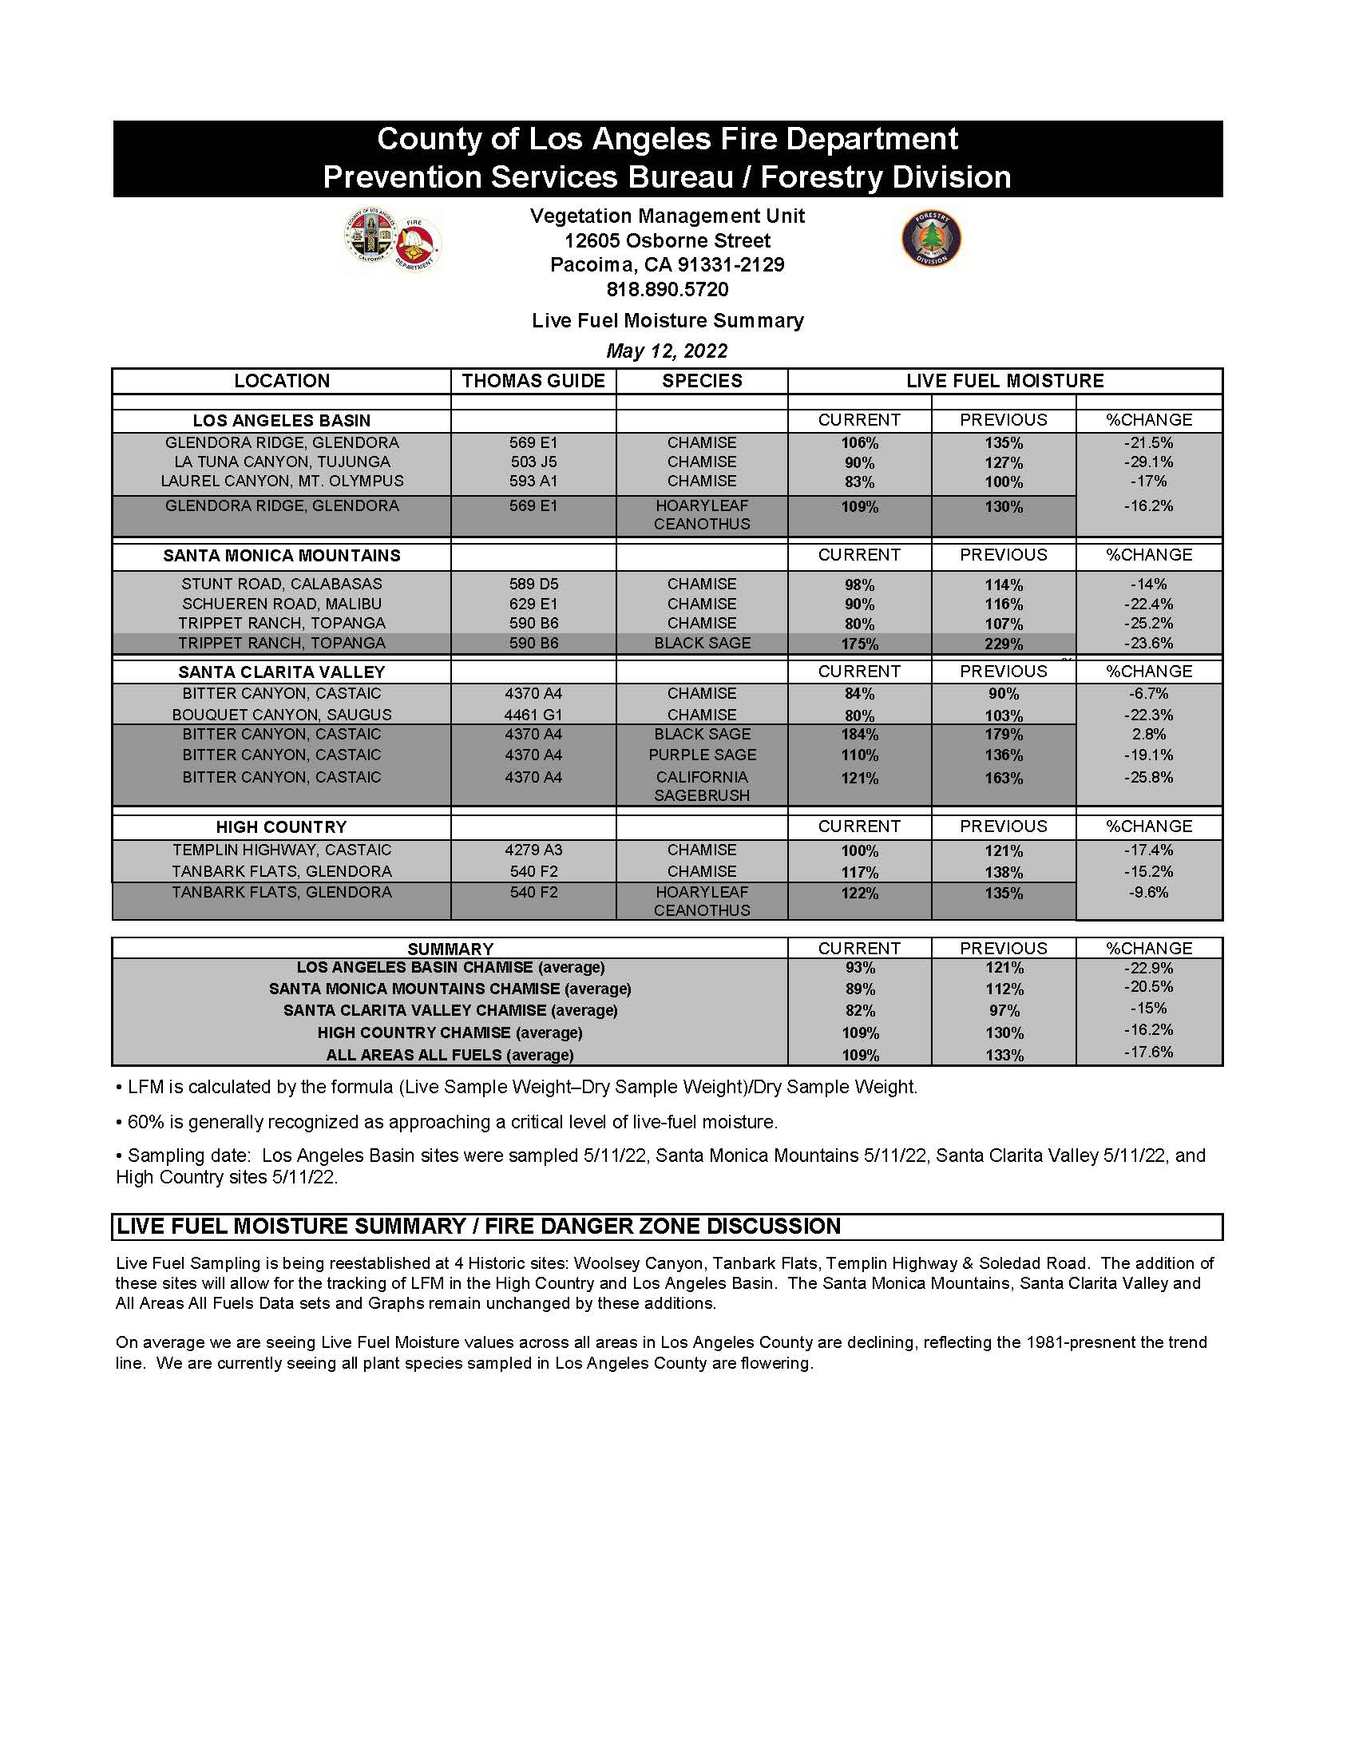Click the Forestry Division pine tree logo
931,239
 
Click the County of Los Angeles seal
371,236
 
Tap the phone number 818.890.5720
667,289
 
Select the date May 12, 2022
667,351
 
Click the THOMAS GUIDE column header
533,381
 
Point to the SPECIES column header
702,381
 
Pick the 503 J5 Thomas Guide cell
533,462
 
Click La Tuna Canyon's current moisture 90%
859,462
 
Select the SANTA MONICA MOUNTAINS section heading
282,556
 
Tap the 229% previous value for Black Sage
1004,644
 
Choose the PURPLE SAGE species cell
702,755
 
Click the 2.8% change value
1148,734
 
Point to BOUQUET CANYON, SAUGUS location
282,715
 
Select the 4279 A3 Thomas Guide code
533,850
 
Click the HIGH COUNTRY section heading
282,826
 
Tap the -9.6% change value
1148,893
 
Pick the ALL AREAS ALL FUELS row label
450,1055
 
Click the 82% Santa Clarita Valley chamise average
860,1011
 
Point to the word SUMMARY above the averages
450,949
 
